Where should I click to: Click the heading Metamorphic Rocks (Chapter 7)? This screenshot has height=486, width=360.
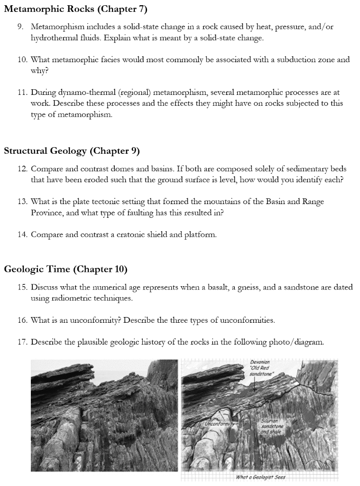[x=76, y=9]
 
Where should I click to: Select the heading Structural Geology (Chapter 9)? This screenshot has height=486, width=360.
[x=72, y=151]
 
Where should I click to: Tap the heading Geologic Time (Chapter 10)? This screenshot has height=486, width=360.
[x=65, y=270]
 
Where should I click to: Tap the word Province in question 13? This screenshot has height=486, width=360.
[x=47, y=213]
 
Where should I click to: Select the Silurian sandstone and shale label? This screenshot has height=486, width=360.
[x=272, y=426]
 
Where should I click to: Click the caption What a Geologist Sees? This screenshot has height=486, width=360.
[x=260, y=477]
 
